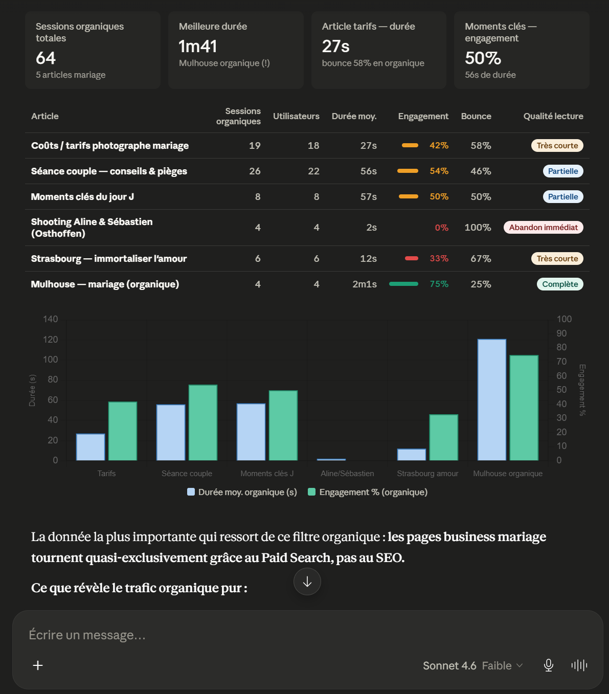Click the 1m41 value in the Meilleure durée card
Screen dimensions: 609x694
[198, 46]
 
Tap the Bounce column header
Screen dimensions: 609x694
[476, 116]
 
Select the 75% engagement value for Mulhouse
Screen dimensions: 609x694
[439, 284]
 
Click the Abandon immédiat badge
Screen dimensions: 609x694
[543, 228]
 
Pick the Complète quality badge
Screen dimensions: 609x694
[560, 284]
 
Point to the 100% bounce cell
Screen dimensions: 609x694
[478, 228]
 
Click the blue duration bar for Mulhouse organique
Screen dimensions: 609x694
[491, 400]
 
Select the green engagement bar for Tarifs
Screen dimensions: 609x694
[123, 431]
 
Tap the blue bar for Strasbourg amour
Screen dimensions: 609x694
[411, 455]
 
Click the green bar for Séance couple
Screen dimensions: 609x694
[203, 423]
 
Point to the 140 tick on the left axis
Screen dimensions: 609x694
[50, 319]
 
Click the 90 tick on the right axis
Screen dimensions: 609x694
[561, 333]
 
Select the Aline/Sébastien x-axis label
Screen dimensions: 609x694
[347, 474]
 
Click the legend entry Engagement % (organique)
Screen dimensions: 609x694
[368, 492]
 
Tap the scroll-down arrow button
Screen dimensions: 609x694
[307, 581]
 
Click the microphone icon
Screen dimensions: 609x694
[548, 665]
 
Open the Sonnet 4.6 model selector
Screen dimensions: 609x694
[472, 665]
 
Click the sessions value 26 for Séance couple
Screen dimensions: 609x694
[255, 171]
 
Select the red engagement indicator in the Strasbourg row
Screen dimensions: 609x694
[411, 258]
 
